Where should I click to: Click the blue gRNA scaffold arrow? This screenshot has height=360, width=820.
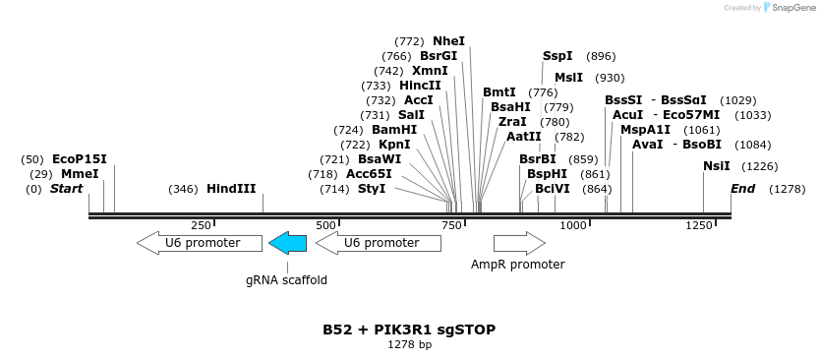click(x=287, y=243)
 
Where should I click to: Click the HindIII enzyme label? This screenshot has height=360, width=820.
click(x=231, y=189)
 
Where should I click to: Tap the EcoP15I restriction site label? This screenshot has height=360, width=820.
click(x=79, y=159)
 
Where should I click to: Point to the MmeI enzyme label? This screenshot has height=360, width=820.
click(x=80, y=174)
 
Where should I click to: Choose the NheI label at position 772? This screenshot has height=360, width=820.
click(x=448, y=41)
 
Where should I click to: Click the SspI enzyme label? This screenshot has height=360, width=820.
click(x=557, y=56)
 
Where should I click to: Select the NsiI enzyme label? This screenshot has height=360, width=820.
click(x=717, y=166)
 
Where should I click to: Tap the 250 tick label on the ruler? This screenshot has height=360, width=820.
click(x=201, y=225)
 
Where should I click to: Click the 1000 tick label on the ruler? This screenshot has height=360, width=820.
click(x=572, y=225)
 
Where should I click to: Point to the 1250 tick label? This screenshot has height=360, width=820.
click(x=698, y=225)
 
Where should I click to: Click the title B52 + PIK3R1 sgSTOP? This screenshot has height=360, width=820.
click(x=409, y=330)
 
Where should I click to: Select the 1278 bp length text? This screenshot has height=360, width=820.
click(x=409, y=345)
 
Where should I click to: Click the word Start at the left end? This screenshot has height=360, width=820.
click(x=66, y=189)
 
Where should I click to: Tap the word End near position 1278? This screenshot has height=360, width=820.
click(x=742, y=189)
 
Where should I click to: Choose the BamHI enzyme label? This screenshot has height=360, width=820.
click(x=394, y=130)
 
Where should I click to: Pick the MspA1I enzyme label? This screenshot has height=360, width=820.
click(x=645, y=130)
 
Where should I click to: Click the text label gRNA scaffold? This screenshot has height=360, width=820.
click(x=286, y=280)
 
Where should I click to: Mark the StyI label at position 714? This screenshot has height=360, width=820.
click(x=372, y=189)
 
